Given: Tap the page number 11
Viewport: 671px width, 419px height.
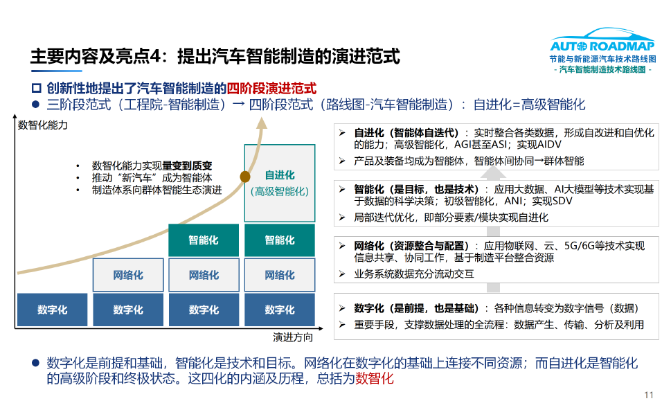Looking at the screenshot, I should point(648,395).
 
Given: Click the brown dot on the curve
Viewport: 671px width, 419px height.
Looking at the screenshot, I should point(245,177).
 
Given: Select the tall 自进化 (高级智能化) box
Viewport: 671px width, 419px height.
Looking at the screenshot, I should point(280,183).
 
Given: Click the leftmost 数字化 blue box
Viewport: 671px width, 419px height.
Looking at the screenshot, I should point(53,310).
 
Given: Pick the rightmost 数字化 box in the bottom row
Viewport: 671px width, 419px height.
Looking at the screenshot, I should point(280,310).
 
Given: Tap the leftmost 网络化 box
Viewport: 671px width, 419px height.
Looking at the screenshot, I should point(128,275).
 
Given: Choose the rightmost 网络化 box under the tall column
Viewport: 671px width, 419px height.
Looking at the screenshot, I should point(280,275).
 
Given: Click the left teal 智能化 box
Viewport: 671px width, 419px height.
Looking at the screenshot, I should point(204,240).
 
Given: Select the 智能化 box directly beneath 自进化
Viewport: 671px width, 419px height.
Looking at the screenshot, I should point(280,240).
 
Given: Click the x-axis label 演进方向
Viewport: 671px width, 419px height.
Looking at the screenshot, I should point(293,337).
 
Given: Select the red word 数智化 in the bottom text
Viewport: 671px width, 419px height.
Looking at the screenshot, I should point(374,379).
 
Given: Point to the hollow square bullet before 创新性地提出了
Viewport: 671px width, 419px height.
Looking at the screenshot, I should point(37,89).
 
